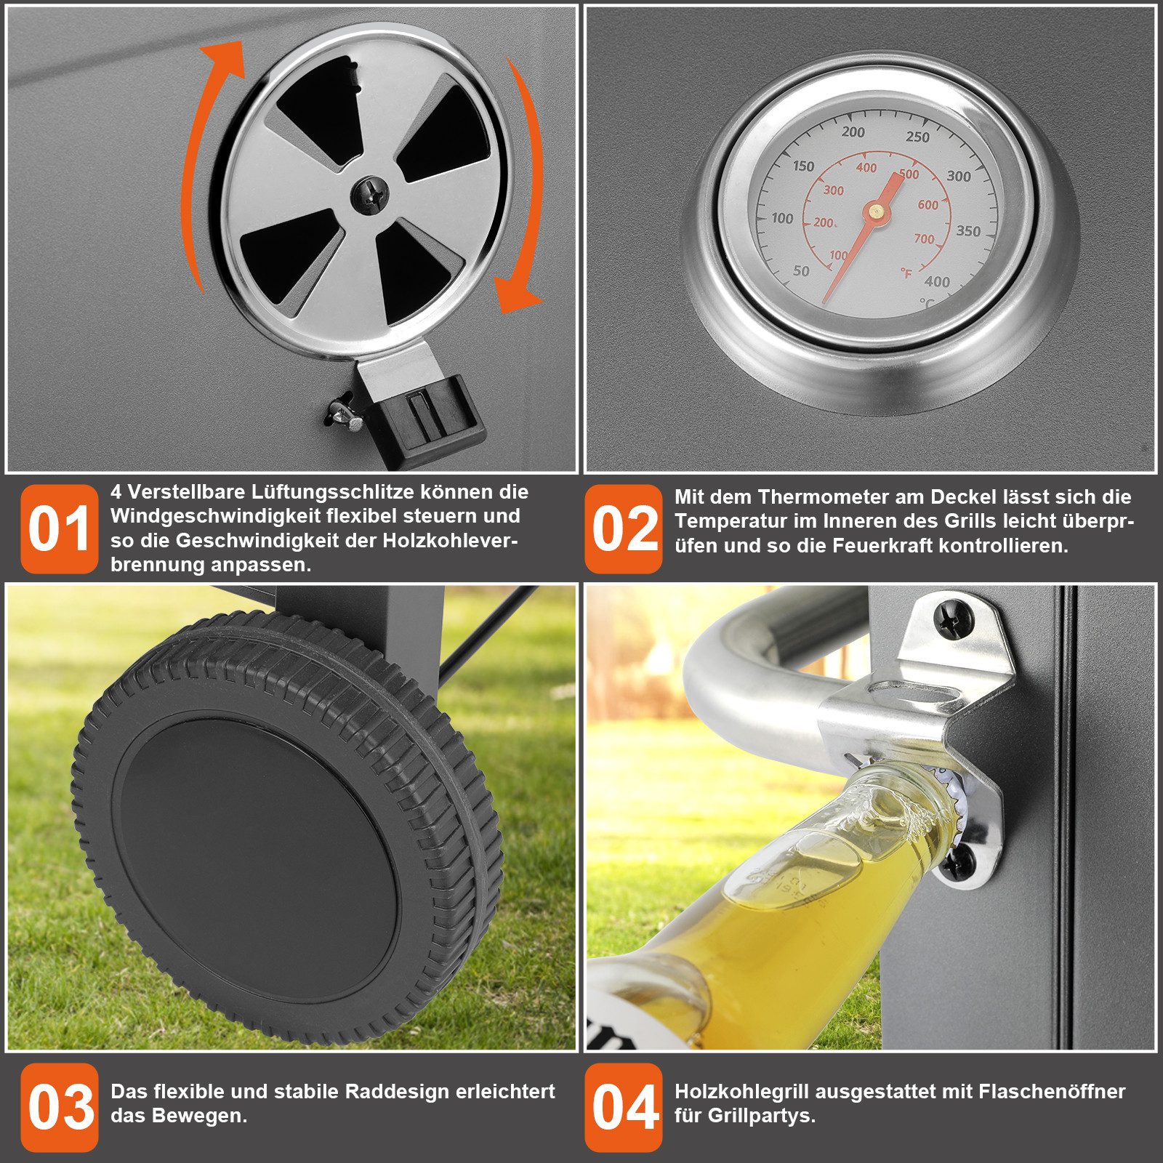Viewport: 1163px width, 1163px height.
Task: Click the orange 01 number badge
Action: pyautogui.click(x=60, y=528)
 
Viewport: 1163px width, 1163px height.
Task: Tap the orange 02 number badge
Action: pyautogui.click(x=624, y=528)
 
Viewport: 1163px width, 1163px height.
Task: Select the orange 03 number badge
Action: pyautogui.click(x=60, y=1107)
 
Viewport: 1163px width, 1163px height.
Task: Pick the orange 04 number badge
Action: pyautogui.click(x=624, y=1107)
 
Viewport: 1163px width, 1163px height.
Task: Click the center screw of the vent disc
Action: pyautogui.click(x=370, y=195)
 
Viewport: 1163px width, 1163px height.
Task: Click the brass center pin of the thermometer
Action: pyautogui.click(x=877, y=211)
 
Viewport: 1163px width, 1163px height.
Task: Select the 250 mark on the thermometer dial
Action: pyautogui.click(x=917, y=137)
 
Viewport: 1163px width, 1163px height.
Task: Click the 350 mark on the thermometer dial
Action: pyautogui.click(x=968, y=231)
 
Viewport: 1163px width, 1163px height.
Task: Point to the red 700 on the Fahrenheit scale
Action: pyautogui.click(x=924, y=239)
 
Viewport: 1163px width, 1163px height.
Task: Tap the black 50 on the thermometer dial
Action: pyautogui.click(x=801, y=271)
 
